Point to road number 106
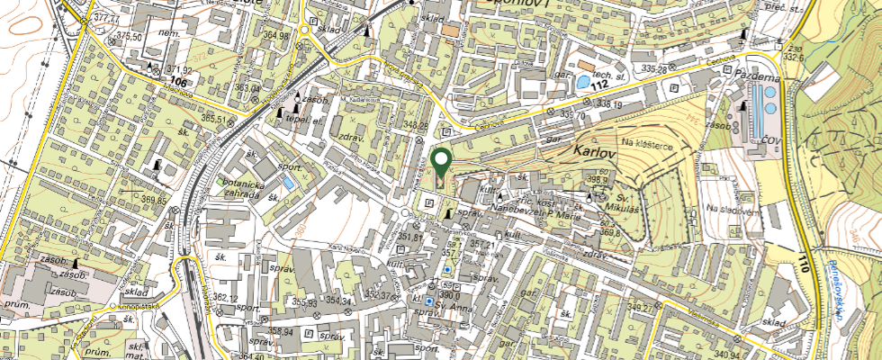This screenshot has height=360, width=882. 177,81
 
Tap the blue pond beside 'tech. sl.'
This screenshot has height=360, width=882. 584,82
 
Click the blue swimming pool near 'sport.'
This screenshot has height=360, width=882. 287,182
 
